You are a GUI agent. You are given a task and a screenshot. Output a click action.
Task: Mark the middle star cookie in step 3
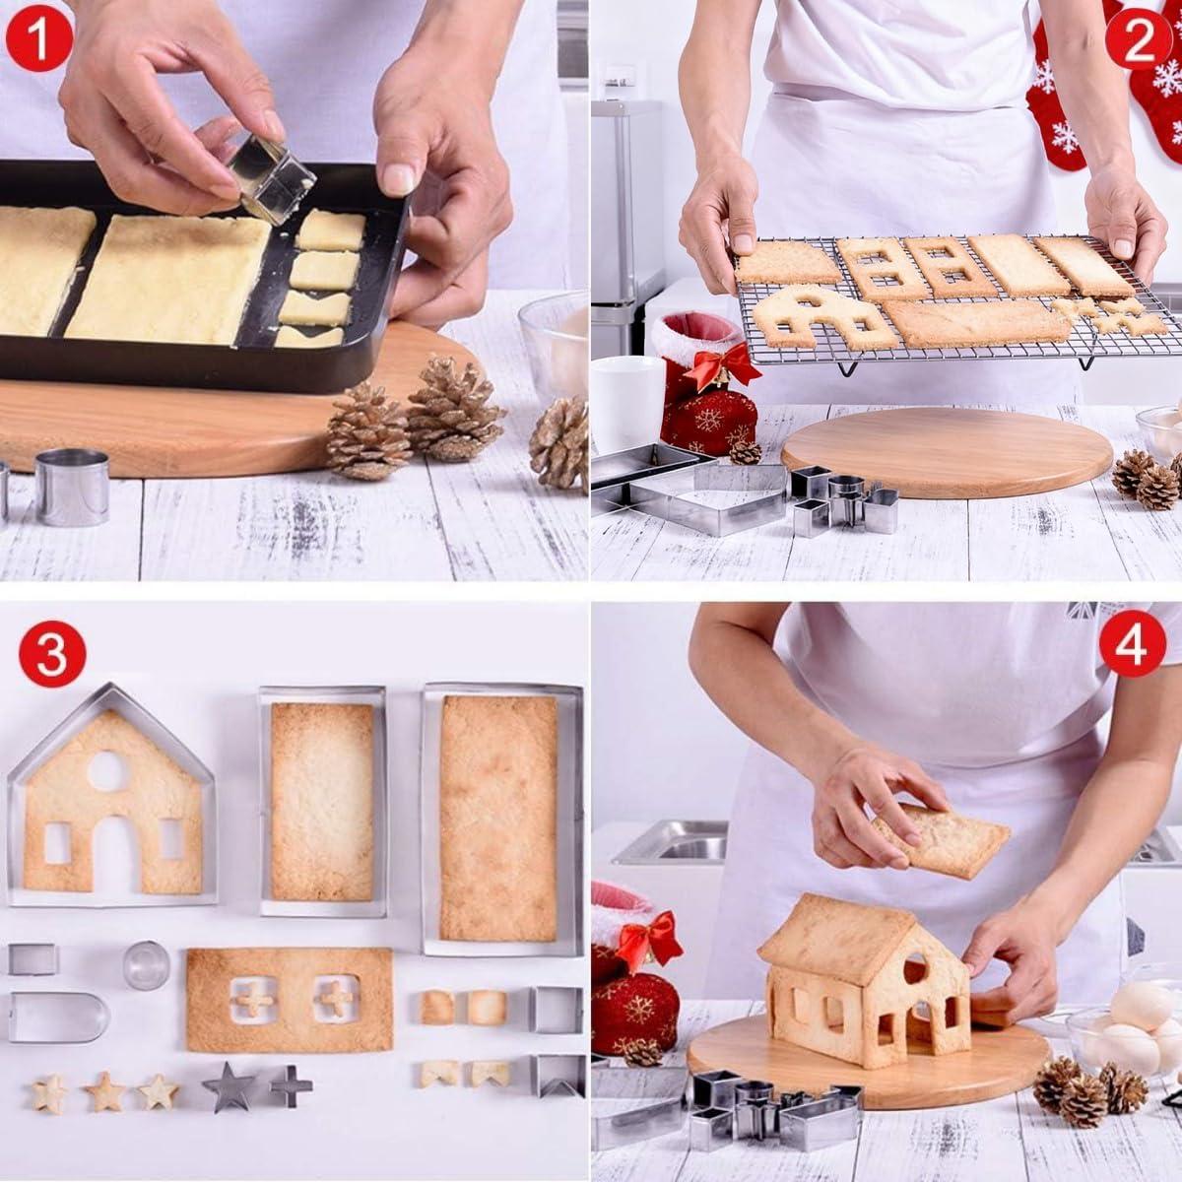[x=102, y=1091]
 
